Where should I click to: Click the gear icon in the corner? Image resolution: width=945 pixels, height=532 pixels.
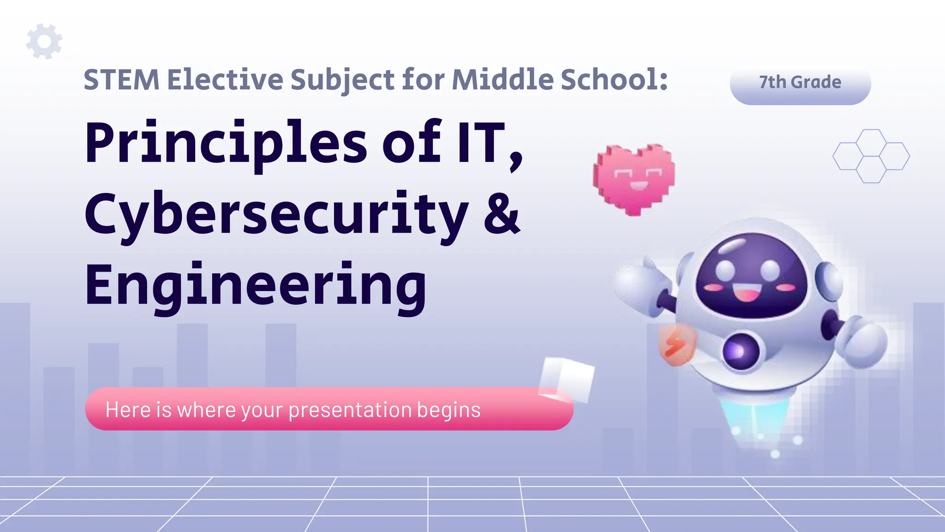click(x=44, y=42)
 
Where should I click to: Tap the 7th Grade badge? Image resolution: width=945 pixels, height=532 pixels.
click(x=800, y=83)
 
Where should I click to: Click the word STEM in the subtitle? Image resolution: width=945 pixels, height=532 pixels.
click(x=121, y=80)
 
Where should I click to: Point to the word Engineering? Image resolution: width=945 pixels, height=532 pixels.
click(x=255, y=285)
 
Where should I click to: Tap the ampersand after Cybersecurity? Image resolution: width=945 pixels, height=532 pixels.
click(x=502, y=213)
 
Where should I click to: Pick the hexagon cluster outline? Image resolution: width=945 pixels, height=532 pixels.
click(x=871, y=156)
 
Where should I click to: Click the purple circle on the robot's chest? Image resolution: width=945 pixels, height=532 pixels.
click(x=740, y=351)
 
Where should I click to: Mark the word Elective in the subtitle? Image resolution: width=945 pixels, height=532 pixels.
click(x=225, y=80)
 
